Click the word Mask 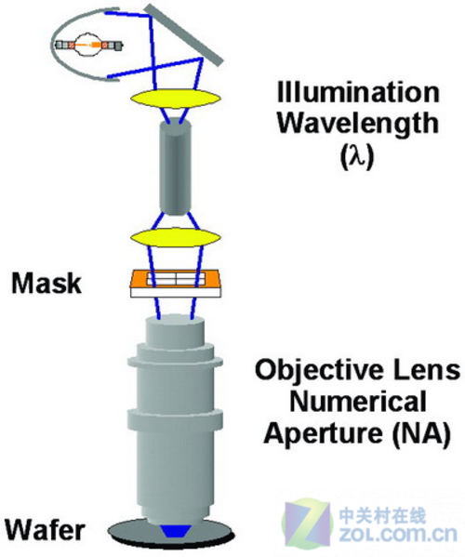click(46, 283)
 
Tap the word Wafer click(45, 530)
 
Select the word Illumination click(358, 92)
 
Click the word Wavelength click(358, 125)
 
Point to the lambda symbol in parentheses click(357, 156)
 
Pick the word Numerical click(358, 402)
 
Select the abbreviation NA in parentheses click(421, 434)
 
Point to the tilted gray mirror click(184, 34)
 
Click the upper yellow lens click(175, 98)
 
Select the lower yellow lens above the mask click(175, 237)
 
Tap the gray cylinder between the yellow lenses click(176, 167)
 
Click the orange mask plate click(176, 279)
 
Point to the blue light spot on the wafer click(176, 530)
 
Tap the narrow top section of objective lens click(175, 329)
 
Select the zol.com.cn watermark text click(398, 534)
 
